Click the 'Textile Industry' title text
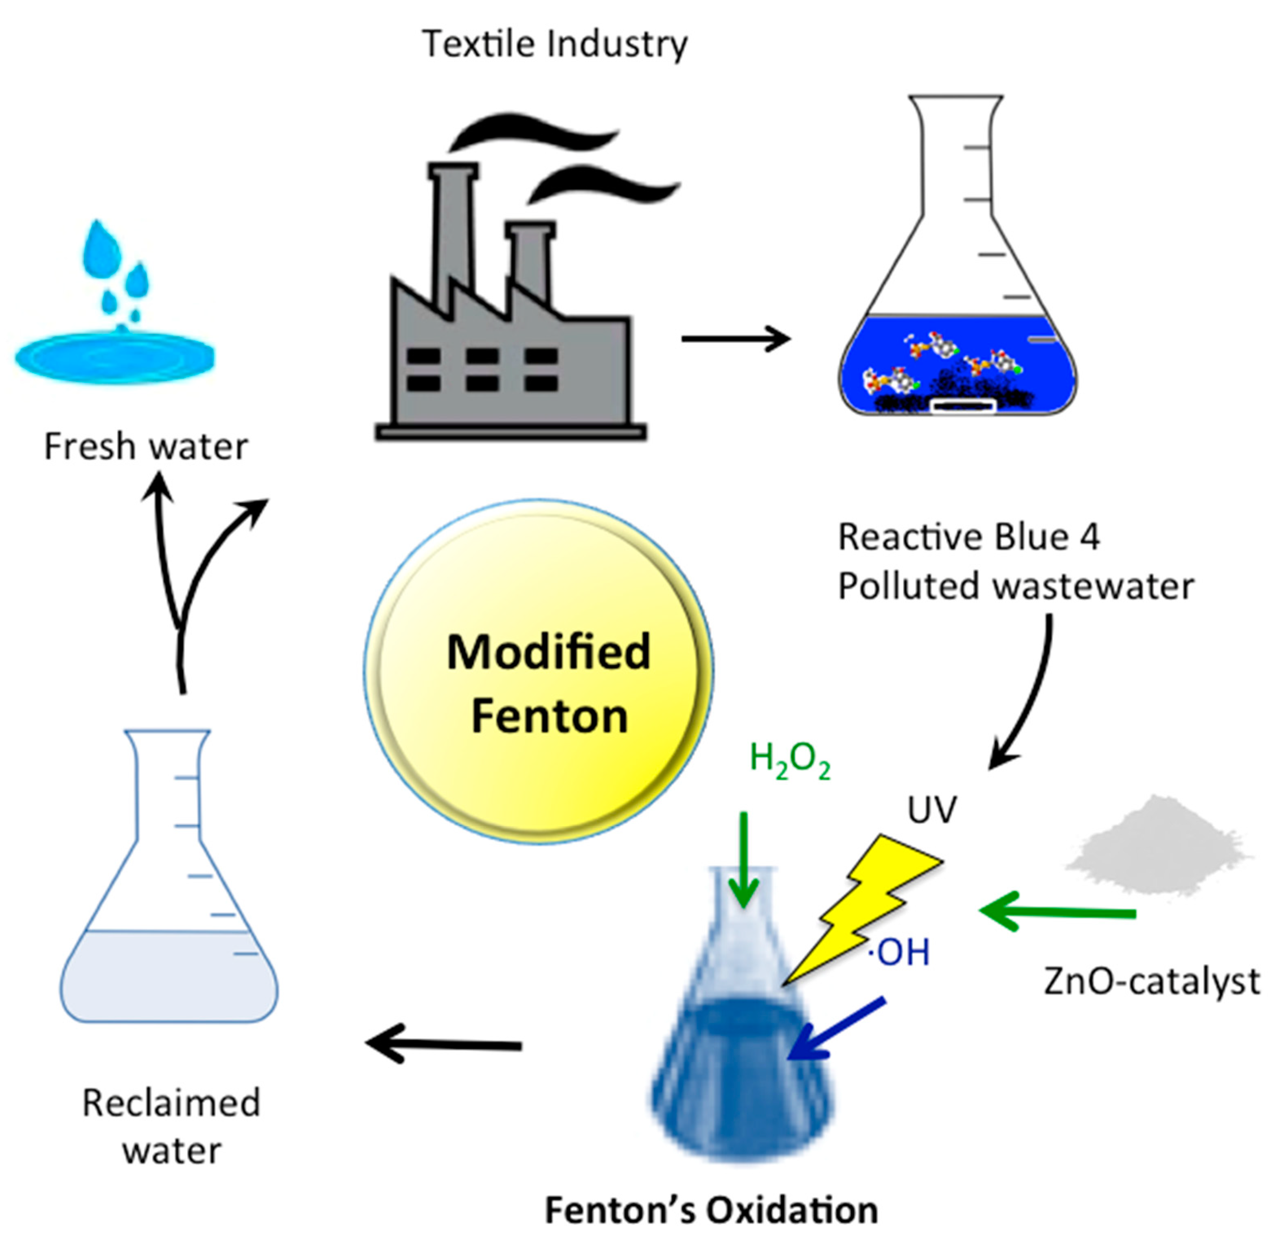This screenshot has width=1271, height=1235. point(554,44)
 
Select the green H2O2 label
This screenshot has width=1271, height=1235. point(789,759)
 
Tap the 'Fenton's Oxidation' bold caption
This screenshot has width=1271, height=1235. point(711,1210)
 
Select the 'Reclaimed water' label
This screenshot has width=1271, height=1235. point(171,1126)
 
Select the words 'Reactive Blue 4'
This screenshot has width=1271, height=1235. point(969,537)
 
